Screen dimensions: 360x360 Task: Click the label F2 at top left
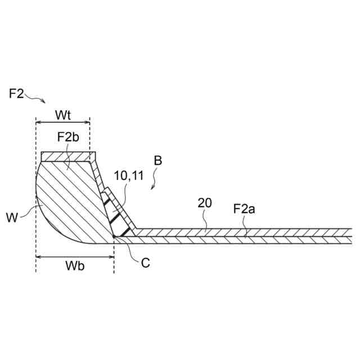point(16,93)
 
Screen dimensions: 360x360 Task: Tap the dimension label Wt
point(63,115)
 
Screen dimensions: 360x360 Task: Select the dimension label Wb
point(74,266)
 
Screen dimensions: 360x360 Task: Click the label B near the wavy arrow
point(158,161)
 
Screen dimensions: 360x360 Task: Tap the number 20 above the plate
point(205,203)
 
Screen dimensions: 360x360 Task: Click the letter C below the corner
point(145,262)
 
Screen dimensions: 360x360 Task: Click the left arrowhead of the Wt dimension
point(38,121)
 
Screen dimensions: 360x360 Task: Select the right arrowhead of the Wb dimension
point(111,257)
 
